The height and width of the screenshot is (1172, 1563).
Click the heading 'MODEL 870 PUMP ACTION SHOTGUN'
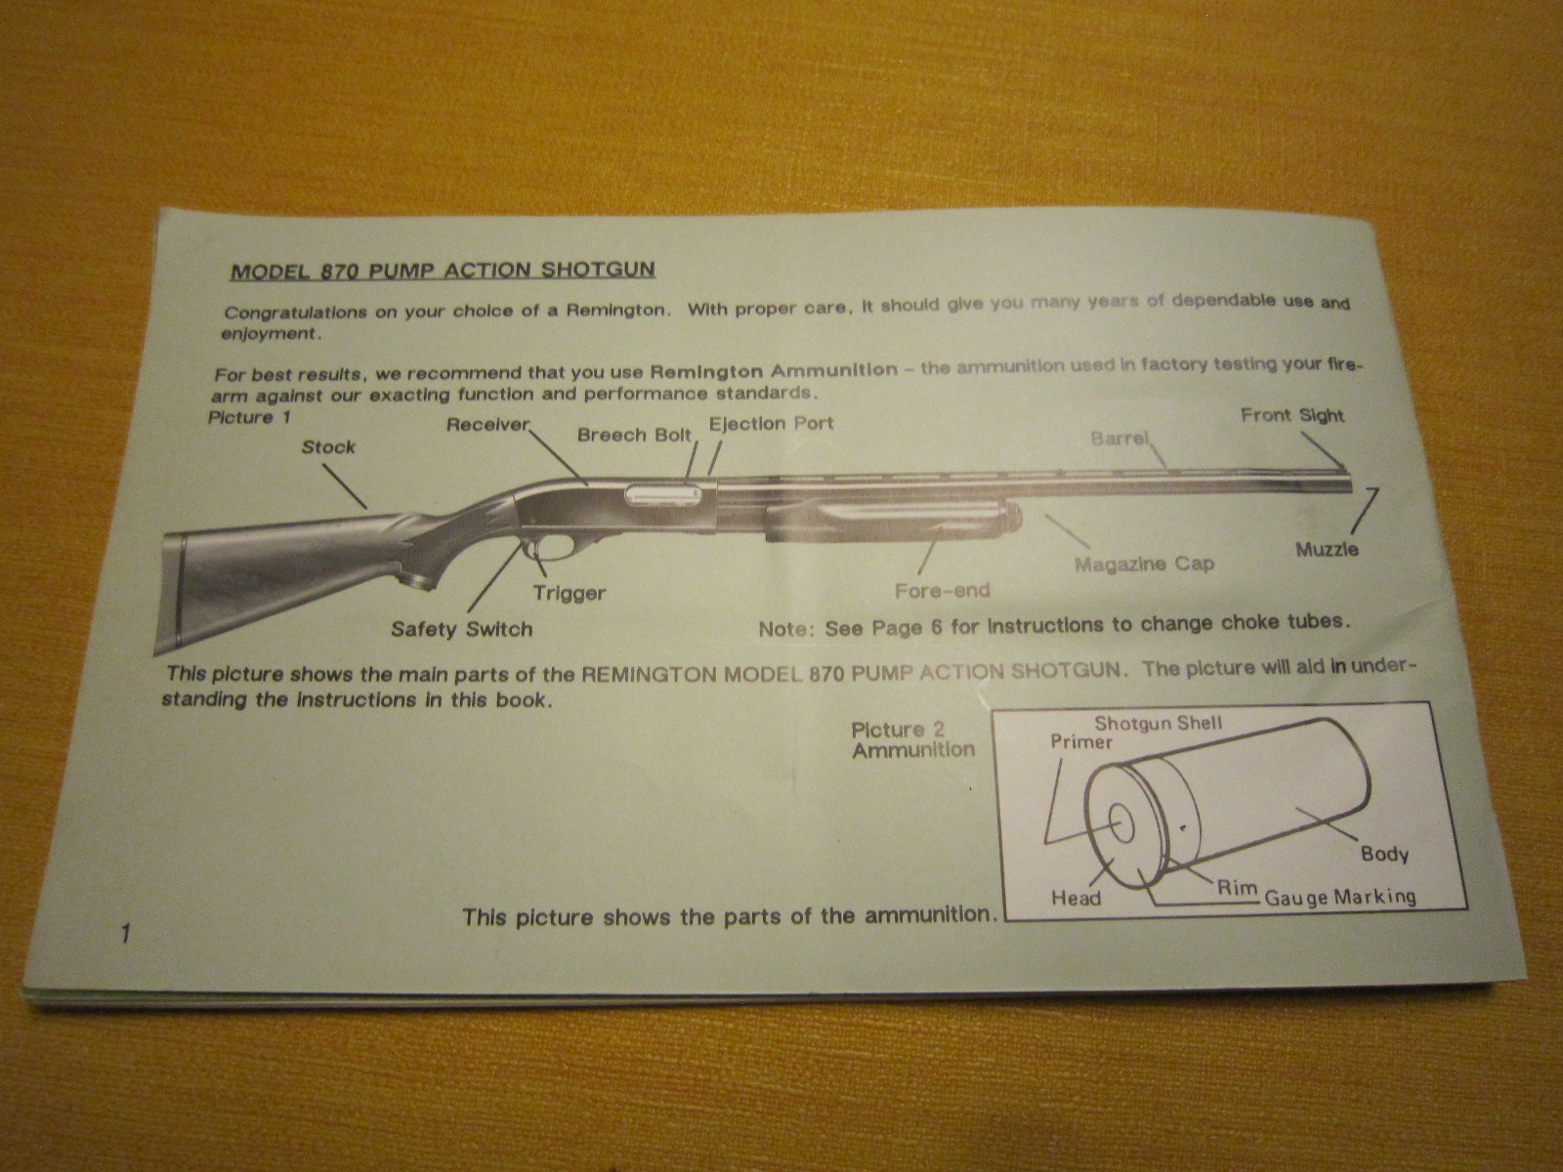443,272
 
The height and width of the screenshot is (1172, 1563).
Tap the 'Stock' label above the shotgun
328,447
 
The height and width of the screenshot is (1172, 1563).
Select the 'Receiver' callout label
488,425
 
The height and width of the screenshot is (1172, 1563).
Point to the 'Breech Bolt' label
634,435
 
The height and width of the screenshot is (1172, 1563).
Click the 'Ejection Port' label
771,424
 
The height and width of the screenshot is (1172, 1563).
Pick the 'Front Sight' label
1292,415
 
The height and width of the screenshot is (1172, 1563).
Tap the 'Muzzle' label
1328,549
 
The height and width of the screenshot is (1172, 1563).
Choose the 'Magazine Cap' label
1144,565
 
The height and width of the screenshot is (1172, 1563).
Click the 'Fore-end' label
942,590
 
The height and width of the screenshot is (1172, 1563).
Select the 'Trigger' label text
570,592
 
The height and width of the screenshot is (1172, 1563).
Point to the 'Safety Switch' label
461,629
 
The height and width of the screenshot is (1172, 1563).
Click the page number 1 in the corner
126,933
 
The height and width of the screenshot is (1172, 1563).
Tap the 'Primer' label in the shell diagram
1081,741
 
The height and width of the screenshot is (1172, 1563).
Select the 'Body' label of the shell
1385,854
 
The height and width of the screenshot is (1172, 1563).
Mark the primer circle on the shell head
1121,823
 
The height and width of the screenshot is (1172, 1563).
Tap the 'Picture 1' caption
250,417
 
